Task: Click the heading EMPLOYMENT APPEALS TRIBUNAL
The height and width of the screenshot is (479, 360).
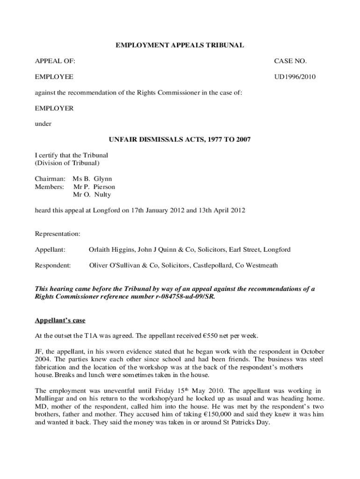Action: [180, 45]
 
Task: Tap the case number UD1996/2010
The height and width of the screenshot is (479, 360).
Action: [295, 77]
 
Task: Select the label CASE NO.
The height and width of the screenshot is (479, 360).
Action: [290, 61]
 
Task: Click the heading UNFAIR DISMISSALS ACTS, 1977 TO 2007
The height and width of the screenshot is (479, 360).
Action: [180, 139]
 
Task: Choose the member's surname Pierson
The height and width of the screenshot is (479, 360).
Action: [104, 187]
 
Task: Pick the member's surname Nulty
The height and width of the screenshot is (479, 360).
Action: [102, 195]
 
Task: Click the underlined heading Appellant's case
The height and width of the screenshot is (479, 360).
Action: [60, 320]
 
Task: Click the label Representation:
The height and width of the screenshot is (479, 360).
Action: [58, 233]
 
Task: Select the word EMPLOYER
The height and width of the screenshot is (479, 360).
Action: [54, 108]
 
